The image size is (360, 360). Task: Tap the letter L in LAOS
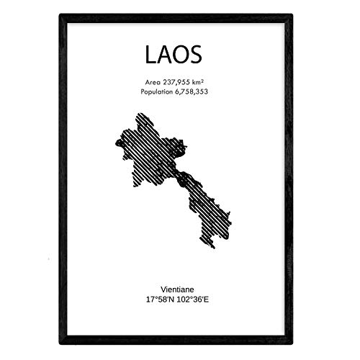[143, 53]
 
